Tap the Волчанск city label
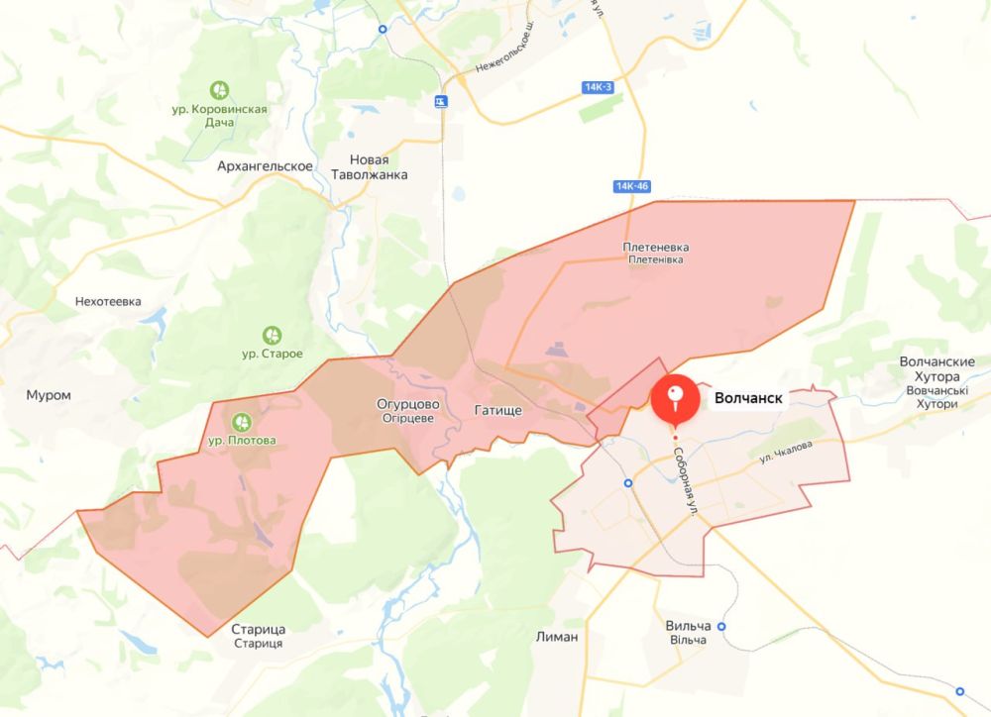(x=748, y=399)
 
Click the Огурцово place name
(x=408, y=405)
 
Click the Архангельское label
(x=266, y=166)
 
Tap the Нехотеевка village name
(x=109, y=301)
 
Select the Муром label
(x=50, y=395)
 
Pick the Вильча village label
(x=689, y=628)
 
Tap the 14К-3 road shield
(x=599, y=88)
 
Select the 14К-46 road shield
(x=631, y=186)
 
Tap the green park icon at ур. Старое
(x=272, y=335)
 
